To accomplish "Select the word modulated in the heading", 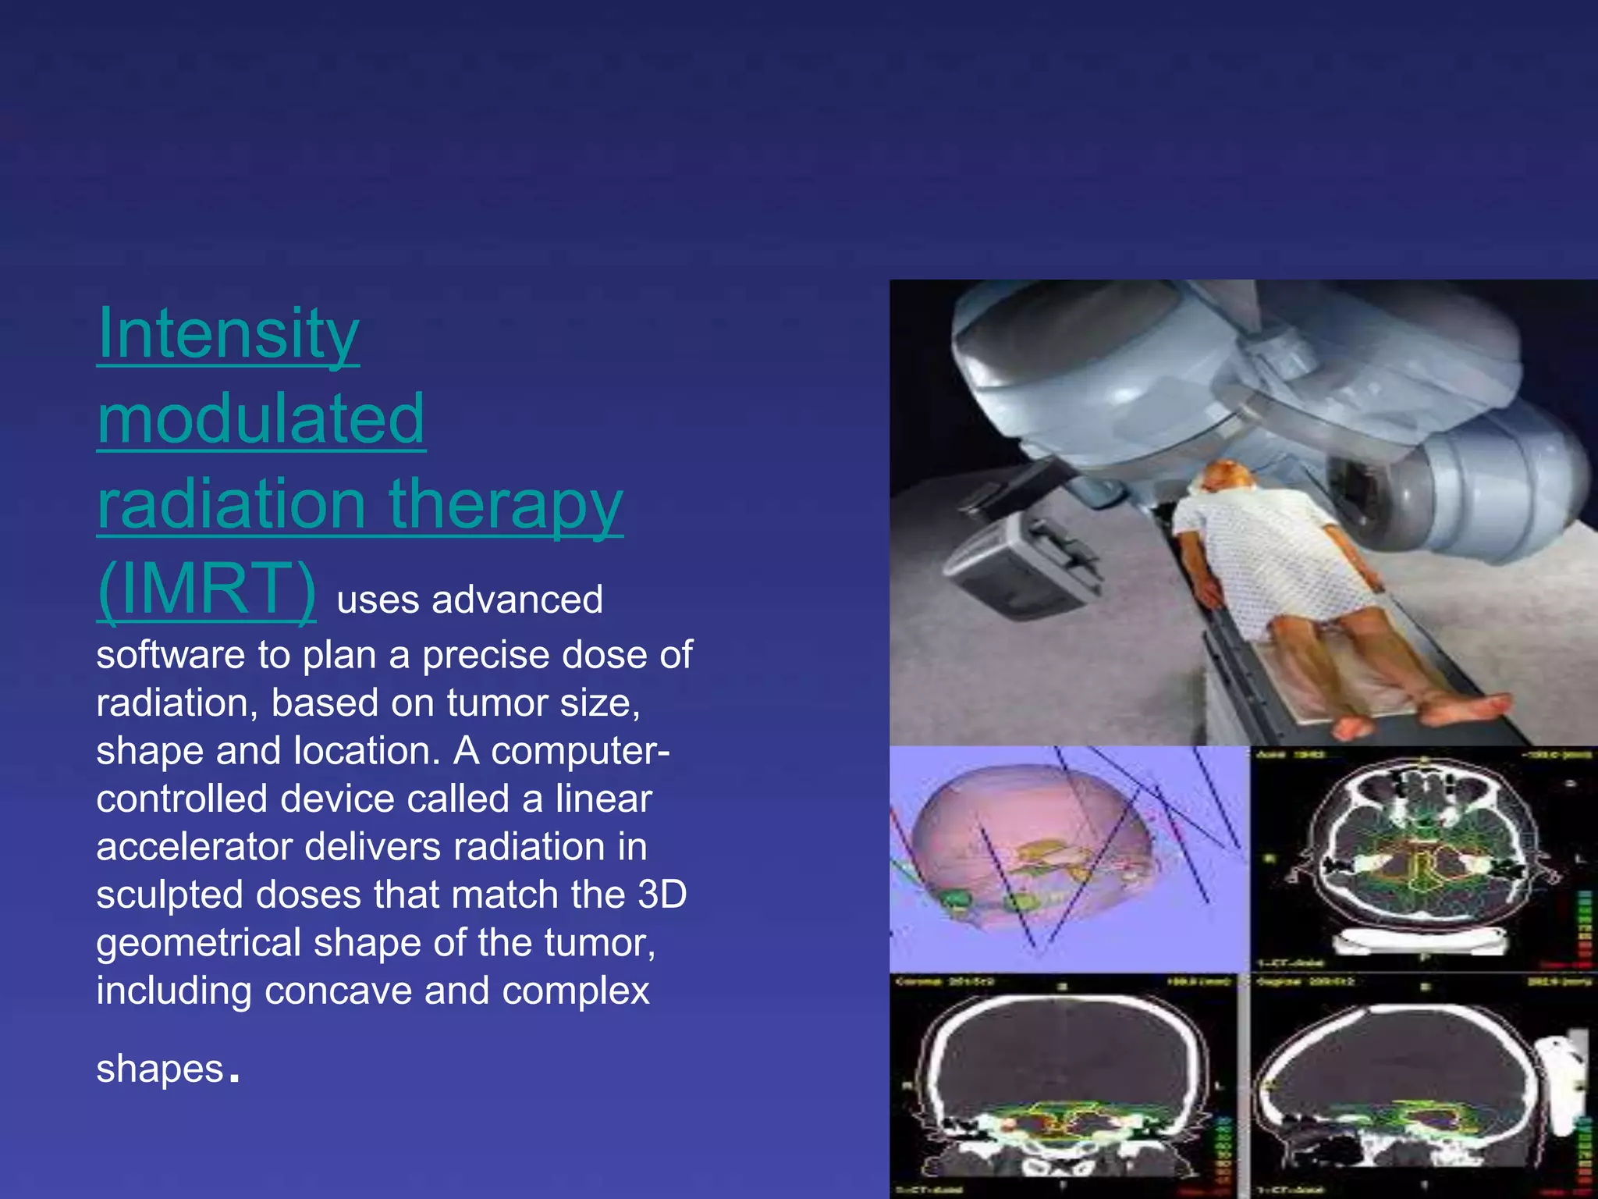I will (261, 419).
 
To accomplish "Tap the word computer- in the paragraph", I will (580, 751).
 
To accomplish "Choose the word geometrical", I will (198, 943).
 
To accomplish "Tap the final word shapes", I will (160, 1069).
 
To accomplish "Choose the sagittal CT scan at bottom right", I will (1404, 1085).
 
